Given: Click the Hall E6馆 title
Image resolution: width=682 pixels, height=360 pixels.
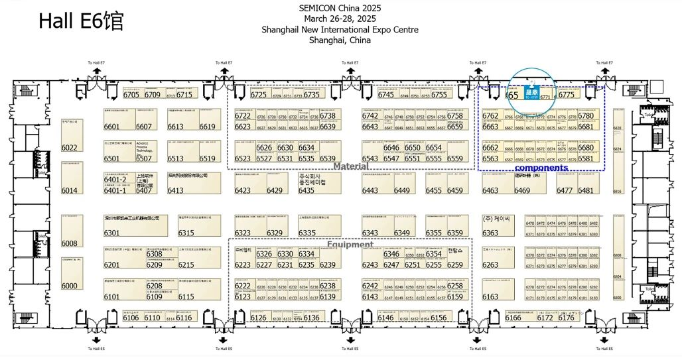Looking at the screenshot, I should [x=81, y=21].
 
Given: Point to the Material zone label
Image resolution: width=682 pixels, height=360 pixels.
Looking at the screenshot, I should [x=351, y=166].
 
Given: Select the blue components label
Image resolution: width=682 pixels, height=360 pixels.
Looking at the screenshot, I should [x=541, y=168].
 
